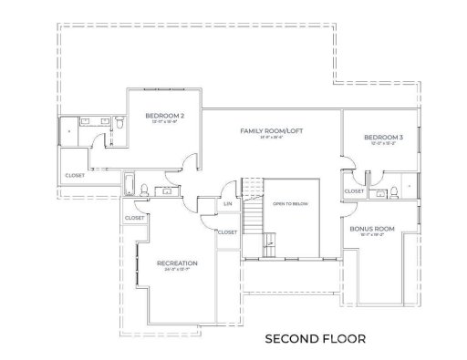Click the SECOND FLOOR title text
click(x=315, y=338)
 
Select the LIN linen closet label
click(x=229, y=205)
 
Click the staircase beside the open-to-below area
click(x=253, y=219)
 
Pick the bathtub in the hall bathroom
click(x=129, y=186)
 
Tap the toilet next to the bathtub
click(x=144, y=190)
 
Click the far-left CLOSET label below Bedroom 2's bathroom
click(x=75, y=175)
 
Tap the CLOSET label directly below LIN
click(x=228, y=232)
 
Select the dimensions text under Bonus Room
click(x=371, y=235)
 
